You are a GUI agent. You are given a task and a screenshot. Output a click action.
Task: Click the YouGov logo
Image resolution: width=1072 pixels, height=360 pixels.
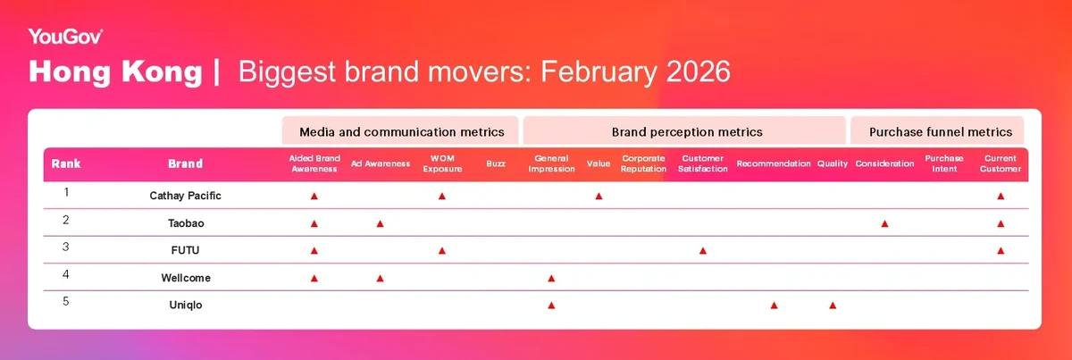coord(65,37)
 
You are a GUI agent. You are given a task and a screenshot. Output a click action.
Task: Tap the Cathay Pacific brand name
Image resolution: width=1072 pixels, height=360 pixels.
coord(185,196)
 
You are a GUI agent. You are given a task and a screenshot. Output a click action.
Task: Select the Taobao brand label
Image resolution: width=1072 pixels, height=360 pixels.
coord(186,223)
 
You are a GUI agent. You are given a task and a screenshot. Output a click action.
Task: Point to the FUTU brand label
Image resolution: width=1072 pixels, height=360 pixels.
coord(185,250)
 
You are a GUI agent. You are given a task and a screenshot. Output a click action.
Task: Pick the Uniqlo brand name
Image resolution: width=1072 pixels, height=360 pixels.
coord(186,305)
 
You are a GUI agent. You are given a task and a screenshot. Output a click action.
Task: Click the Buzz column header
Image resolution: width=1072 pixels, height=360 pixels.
coord(496,163)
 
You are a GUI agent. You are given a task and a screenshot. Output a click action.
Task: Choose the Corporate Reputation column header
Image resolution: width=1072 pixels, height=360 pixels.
coord(643,163)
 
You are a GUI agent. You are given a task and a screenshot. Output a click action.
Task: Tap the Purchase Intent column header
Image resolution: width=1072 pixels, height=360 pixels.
coord(944,163)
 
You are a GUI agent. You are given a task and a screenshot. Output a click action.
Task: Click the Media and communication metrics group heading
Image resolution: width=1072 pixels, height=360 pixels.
coord(401,132)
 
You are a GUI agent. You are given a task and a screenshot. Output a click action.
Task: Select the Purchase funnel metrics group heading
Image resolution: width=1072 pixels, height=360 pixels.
coord(941,132)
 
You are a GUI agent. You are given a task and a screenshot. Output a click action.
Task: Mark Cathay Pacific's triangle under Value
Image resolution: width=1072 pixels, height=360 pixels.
coord(599,196)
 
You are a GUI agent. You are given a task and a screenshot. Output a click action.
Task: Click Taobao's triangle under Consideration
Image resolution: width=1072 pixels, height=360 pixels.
coord(885,223)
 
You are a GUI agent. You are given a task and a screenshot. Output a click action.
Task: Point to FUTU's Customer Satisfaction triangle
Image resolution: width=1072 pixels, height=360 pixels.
coord(703,251)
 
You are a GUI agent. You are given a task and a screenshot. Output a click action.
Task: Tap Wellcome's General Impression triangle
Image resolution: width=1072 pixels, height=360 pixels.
coord(551,278)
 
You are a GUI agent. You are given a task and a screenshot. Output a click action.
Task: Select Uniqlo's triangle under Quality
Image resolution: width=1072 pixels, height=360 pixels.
coord(833,306)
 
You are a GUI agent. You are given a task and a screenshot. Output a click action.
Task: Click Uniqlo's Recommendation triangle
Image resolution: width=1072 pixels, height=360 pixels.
coord(774,306)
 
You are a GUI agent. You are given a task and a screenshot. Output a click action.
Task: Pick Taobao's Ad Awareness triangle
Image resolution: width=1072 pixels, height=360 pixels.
coord(380,223)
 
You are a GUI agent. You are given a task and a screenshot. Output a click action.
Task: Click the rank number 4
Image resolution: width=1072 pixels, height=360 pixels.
coord(66,275)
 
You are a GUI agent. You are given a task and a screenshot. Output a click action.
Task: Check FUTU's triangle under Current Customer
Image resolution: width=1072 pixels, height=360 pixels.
coord(1001,251)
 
